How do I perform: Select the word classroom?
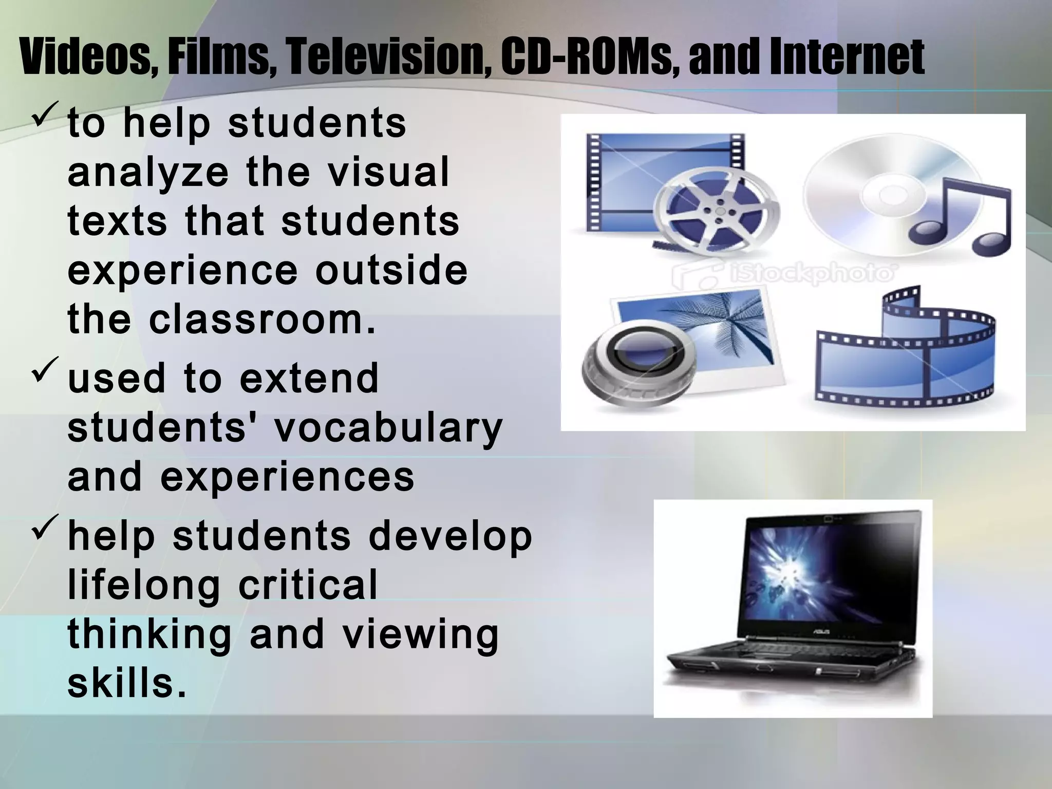coord(261,320)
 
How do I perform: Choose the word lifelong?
coord(144,585)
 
